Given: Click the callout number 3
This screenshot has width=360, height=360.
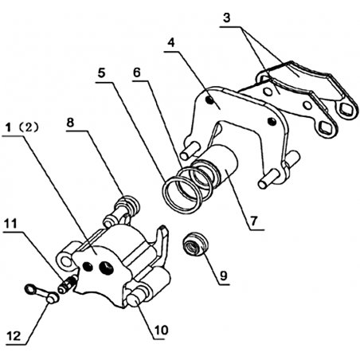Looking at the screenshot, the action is (x=226, y=18).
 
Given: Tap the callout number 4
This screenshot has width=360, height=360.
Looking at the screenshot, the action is (x=172, y=43).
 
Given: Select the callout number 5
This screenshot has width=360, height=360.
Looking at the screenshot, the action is (x=101, y=73).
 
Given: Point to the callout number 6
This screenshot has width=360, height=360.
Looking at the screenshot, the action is (x=136, y=72).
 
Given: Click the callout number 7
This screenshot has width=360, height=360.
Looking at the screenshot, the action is (x=254, y=221).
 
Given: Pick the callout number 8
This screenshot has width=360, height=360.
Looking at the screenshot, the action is (x=70, y=123).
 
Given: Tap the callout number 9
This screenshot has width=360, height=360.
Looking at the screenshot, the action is (x=224, y=276).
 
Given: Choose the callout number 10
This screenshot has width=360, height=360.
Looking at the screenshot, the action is (x=161, y=331).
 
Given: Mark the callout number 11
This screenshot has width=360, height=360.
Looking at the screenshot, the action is (x=10, y=224).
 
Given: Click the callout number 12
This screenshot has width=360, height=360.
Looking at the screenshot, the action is (x=14, y=336).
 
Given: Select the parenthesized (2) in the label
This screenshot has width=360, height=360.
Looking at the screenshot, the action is (x=29, y=128).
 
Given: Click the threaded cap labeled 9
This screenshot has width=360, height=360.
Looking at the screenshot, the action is (x=196, y=244).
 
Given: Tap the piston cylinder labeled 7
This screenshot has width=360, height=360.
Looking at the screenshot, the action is (x=221, y=165).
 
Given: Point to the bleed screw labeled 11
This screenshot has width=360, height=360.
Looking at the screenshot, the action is (x=68, y=284).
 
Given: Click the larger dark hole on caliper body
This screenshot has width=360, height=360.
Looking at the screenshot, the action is (x=106, y=268).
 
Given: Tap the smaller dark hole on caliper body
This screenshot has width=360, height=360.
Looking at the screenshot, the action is (x=88, y=267).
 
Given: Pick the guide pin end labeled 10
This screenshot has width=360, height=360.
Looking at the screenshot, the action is (x=135, y=299).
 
